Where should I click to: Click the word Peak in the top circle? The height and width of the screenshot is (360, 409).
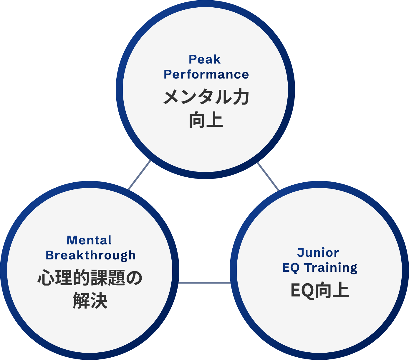[204, 60]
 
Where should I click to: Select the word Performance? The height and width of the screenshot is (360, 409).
[206, 75]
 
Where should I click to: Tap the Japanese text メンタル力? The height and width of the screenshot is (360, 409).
[206, 97]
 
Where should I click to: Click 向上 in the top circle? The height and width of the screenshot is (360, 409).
[206, 120]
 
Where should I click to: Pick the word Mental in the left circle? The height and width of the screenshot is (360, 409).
[89, 240]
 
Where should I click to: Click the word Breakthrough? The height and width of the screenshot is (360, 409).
[91, 256]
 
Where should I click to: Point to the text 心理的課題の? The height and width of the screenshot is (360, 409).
[90, 278]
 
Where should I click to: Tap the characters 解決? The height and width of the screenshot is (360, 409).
[90, 301]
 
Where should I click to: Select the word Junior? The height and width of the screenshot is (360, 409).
[318, 253]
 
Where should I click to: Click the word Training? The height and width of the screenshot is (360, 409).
[330, 268]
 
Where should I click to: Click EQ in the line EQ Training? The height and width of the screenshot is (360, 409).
[291, 268]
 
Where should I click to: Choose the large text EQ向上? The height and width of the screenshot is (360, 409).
[320, 291]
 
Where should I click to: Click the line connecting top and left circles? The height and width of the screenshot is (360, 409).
[140, 175]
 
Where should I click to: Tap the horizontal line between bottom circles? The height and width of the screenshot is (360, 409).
[204, 283]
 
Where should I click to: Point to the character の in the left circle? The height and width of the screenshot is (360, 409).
[134, 278]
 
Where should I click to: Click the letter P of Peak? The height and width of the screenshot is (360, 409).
[193, 60]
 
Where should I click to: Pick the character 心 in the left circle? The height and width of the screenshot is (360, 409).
[46, 278]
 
